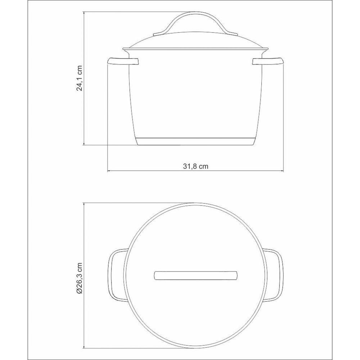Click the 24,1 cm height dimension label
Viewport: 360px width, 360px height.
tap(80, 78)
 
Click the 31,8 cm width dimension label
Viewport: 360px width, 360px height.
tap(196, 166)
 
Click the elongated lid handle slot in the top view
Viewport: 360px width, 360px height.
tap(196, 275)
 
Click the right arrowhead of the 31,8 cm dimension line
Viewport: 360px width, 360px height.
tap(282, 170)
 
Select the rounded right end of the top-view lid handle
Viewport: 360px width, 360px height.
tap(236, 275)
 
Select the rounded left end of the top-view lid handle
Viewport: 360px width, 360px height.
tap(156, 275)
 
